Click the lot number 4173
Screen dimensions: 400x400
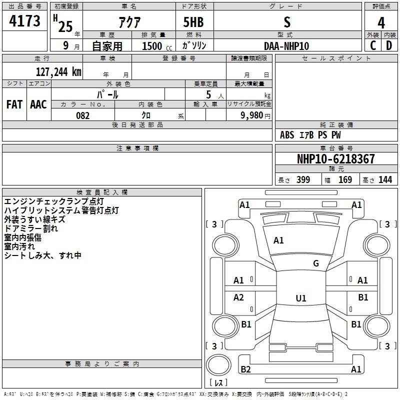tap(25, 22)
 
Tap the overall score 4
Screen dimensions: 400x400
tap(381, 23)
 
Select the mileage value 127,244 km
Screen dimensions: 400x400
tap(58, 71)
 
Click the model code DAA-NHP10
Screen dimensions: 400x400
tap(286, 46)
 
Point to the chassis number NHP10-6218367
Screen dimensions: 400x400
tap(335, 159)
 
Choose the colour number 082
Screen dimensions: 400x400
tap(83, 115)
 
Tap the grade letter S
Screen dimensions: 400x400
tap(286, 22)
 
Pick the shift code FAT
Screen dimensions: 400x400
tap(14, 104)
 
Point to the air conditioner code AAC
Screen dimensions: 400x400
tap(38, 104)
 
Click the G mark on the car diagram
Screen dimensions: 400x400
tap(316, 263)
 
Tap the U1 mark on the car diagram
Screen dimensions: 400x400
tap(300, 298)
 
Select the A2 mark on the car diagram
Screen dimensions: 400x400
tap(239, 297)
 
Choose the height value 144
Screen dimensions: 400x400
tap(385, 180)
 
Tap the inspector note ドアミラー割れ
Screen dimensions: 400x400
tap(31, 228)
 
